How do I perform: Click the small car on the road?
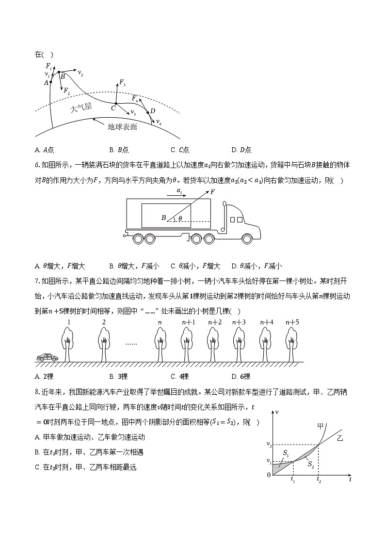point(47,357)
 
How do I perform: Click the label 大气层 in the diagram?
point(81,108)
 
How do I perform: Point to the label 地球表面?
point(122,127)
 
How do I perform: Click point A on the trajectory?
point(51,82)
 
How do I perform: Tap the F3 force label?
point(123,82)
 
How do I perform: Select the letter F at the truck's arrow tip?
point(212,192)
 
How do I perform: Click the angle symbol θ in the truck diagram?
point(180,218)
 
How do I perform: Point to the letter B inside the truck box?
point(163,218)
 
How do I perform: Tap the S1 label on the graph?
point(286,453)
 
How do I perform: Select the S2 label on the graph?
point(310,464)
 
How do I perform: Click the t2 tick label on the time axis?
point(319,480)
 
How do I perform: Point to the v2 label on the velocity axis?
point(269,444)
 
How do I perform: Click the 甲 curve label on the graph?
point(320,426)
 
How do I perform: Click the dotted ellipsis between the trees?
point(131,344)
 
